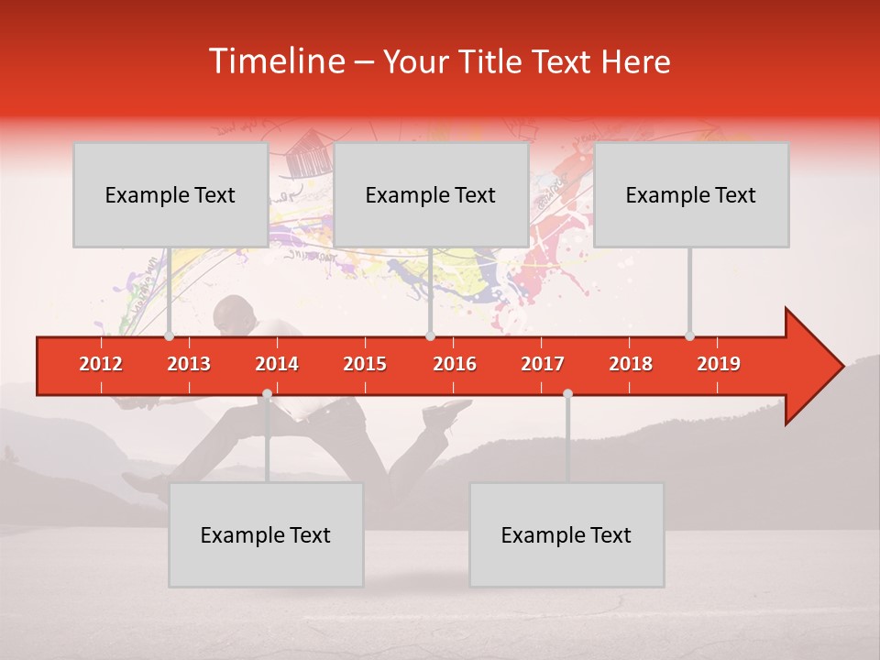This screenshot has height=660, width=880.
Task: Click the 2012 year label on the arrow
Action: [x=101, y=364]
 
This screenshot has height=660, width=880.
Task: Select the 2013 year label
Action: [x=189, y=364]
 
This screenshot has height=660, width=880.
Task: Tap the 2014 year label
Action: [x=277, y=364]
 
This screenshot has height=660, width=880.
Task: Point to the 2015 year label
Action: [x=365, y=364]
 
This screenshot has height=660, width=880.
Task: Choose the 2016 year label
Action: [x=455, y=364]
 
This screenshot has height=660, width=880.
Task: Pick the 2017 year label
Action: [x=543, y=364]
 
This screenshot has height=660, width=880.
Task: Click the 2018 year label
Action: [x=631, y=364]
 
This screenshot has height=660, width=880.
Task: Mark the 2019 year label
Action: [x=719, y=364]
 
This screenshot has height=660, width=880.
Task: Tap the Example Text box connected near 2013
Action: [x=170, y=194]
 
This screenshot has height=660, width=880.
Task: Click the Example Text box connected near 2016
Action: [x=431, y=194]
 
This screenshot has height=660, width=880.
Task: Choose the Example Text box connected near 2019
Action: [x=691, y=194]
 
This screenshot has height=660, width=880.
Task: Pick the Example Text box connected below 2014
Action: [x=266, y=534]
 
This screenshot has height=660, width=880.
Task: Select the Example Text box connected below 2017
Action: [x=566, y=534]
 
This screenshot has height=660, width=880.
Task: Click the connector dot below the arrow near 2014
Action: [x=267, y=394]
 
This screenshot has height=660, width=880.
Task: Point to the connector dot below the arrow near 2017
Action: [x=567, y=394]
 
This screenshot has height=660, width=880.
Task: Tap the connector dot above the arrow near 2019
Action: [x=689, y=335]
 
